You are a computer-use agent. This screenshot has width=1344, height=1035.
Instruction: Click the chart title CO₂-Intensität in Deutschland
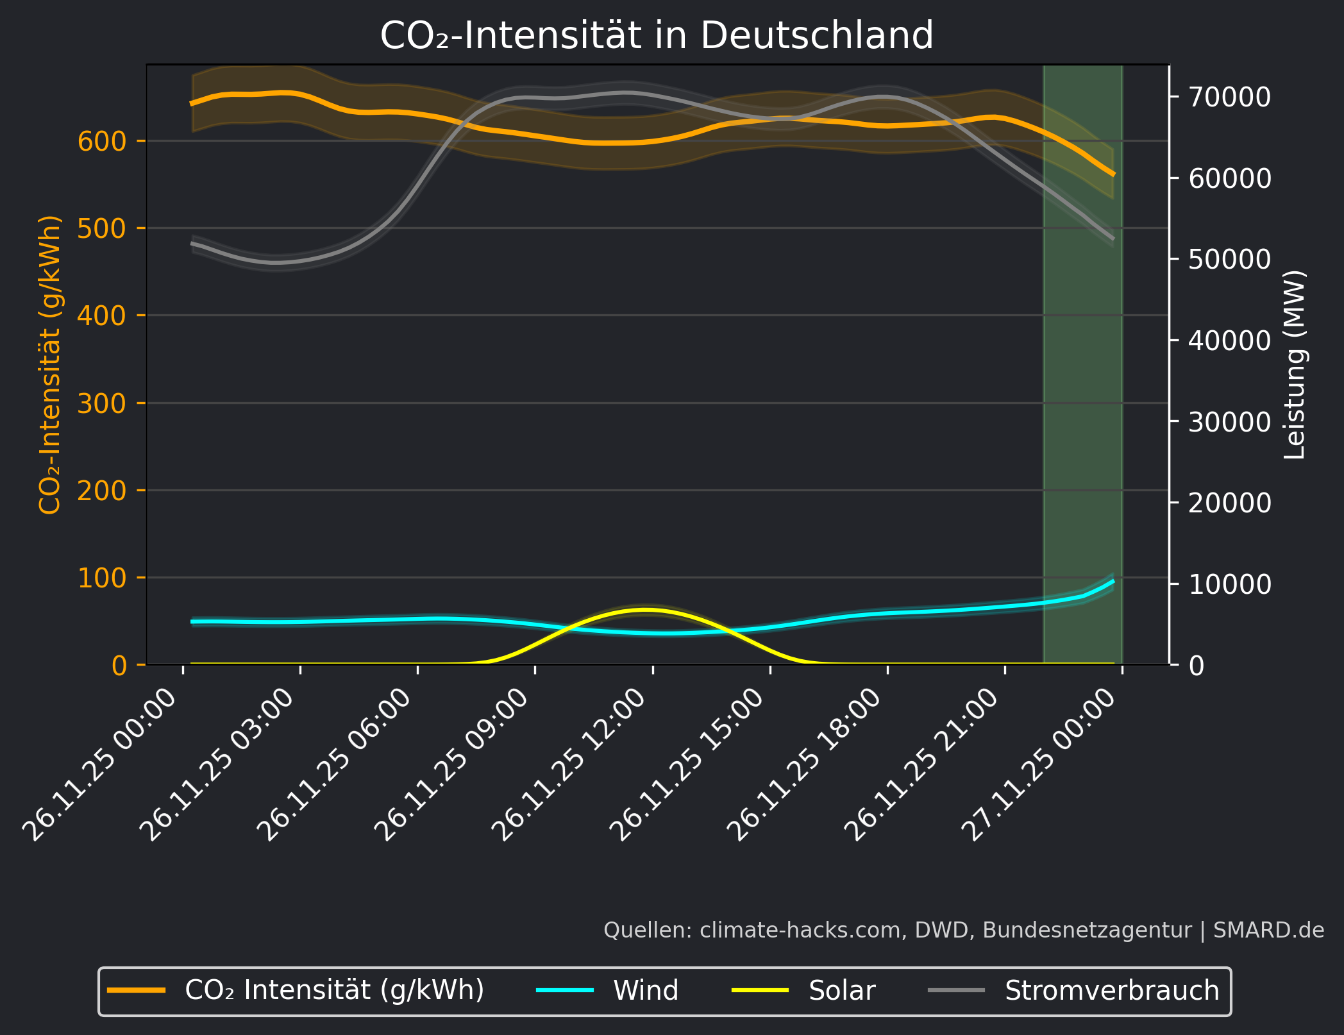tap(657, 35)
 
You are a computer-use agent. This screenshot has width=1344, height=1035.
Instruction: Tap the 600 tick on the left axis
tap(102, 141)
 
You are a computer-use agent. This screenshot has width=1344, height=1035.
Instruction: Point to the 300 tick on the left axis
tap(102, 403)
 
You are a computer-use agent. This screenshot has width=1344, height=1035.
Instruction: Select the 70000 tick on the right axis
tap(1229, 97)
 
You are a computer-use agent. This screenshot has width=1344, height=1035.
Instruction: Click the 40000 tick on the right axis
tap(1229, 341)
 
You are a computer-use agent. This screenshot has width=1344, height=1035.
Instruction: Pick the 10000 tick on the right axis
tap(1229, 584)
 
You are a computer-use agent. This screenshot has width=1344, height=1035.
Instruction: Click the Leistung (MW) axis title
tap(1295, 364)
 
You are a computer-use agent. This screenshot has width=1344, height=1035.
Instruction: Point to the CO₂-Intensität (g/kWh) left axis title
tap(50, 364)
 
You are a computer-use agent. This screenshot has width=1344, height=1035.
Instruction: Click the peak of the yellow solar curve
tap(646, 609)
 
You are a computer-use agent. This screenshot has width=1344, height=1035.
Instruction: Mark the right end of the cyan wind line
tap(1113, 581)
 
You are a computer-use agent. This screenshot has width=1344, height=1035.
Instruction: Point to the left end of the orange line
tap(192, 104)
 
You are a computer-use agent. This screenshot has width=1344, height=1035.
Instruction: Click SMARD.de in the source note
tap(1268, 930)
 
